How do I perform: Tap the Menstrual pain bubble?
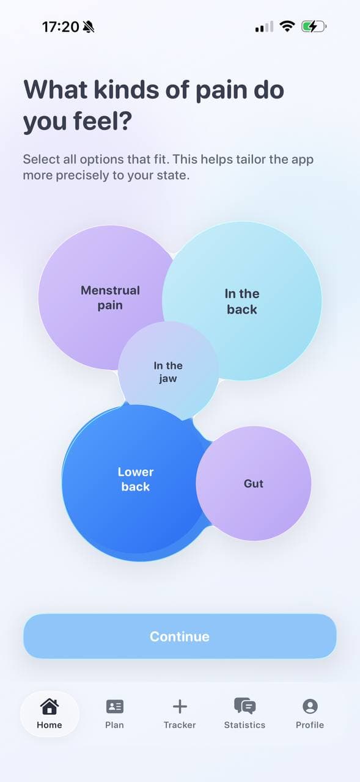[101, 298]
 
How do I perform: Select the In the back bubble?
[242, 301]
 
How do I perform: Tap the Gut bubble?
[254, 483]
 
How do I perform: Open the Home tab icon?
[50, 706]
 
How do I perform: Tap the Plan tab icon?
[114, 707]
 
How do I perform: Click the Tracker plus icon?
[180, 706]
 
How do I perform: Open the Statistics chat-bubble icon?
[244, 706]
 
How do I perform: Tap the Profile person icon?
[310, 706]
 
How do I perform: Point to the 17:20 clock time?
[61, 27]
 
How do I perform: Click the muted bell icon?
[89, 26]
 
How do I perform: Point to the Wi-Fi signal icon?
[287, 26]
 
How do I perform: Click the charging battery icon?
[314, 26]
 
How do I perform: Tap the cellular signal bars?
[264, 26]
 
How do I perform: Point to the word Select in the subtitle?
[41, 159]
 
